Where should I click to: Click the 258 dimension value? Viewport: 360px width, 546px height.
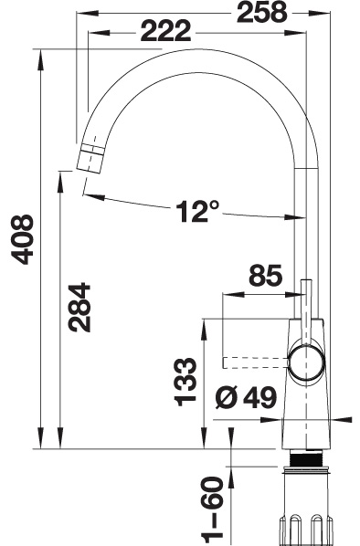[x=261, y=12]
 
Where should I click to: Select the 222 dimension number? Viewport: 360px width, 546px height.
[x=166, y=31]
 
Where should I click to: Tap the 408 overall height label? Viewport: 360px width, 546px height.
[x=22, y=239]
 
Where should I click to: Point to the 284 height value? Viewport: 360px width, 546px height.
[x=79, y=307]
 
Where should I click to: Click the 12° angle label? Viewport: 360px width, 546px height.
[x=197, y=211]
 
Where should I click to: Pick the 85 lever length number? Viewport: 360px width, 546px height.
[x=265, y=275]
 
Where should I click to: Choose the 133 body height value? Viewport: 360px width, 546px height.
[x=185, y=382]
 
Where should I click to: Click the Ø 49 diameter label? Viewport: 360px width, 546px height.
[x=246, y=397]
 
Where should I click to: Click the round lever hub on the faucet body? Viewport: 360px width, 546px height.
[x=306, y=362]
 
